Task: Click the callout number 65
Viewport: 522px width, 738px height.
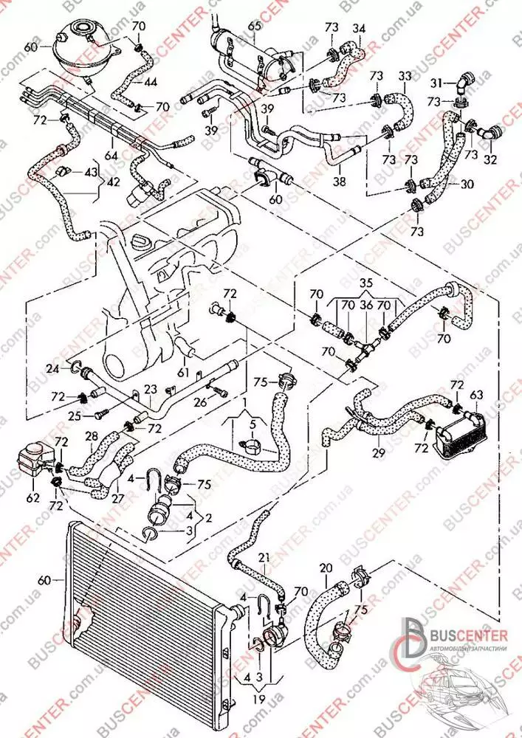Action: click(x=255, y=27)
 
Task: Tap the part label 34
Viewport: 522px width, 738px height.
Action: click(x=359, y=29)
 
